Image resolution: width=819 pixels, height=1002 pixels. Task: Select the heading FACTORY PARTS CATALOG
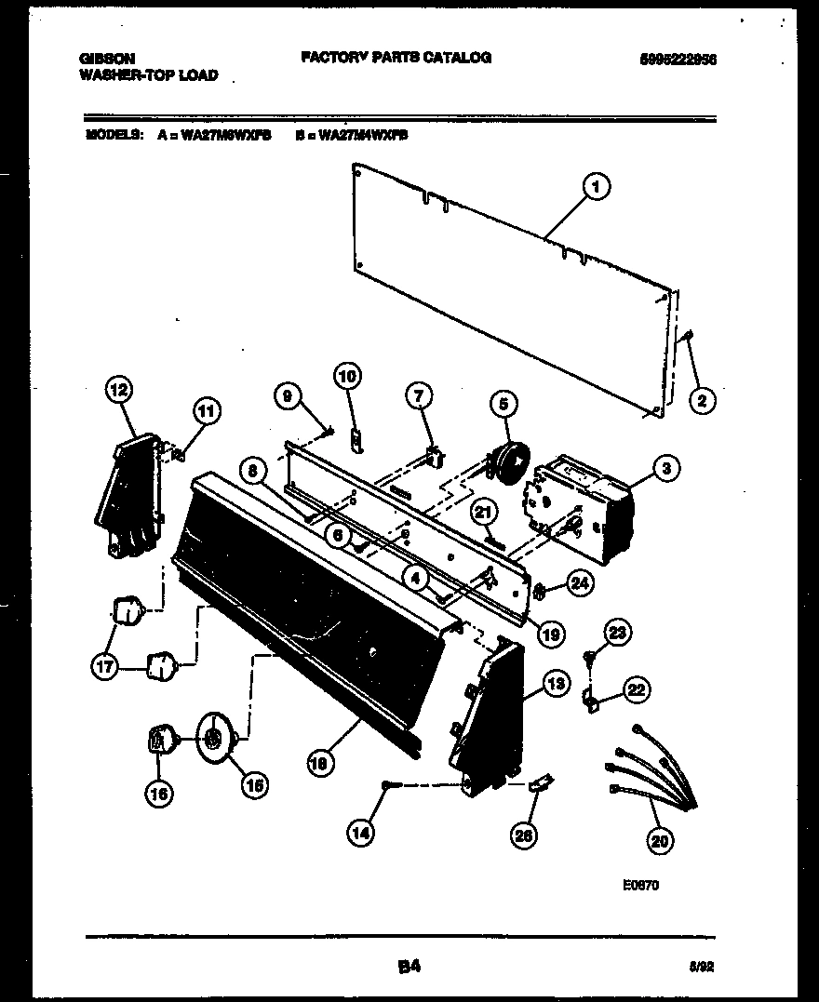click(396, 58)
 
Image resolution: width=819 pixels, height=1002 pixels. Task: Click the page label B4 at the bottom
click(408, 967)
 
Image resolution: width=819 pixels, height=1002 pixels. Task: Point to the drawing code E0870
click(640, 887)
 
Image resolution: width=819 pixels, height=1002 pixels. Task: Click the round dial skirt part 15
click(216, 739)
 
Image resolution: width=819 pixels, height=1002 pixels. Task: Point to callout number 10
click(346, 377)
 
